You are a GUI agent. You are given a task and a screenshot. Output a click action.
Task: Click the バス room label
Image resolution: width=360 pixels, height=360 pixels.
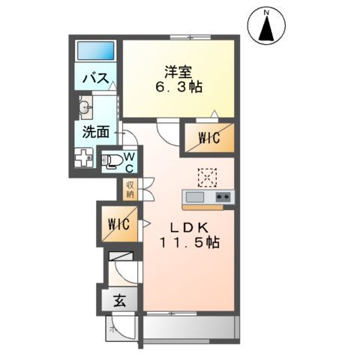pyautogui.click(x=97, y=79)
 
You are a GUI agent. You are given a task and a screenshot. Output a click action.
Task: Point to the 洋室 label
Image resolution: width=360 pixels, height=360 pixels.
pyautogui.click(x=178, y=71)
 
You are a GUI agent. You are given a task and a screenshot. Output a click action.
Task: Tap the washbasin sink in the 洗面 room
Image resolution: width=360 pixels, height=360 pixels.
pyautogui.click(x=84, y=106)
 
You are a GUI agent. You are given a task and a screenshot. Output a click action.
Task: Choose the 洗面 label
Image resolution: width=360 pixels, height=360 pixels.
pyautogui.click(x=95, y=132)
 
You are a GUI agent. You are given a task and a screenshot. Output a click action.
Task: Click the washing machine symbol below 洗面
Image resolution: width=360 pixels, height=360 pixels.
pyautogui.click(x=83, y=159)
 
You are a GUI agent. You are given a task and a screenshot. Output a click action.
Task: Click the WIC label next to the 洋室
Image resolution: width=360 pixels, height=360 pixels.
pyautogui.click(x=208, y=137)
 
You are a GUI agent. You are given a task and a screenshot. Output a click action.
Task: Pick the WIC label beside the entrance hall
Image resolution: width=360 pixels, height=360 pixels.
pyautogui.click(x=118, y=223)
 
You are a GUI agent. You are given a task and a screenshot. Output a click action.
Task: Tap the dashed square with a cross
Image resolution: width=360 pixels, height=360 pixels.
pyautogui.click(x=205, y=175)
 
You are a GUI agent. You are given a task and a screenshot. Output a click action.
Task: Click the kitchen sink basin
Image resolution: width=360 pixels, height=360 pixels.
pyautogui.click(x=194, y=197)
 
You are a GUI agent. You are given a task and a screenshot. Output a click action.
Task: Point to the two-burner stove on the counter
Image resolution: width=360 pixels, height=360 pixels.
pyautogui.click(x=223, y=197)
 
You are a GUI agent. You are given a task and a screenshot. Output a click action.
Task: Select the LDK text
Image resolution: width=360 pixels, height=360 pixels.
pyautogui.click(x=188, y=227)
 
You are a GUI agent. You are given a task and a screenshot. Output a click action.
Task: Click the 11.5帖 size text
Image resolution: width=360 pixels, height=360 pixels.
pyautogui.click(x=188, y=243)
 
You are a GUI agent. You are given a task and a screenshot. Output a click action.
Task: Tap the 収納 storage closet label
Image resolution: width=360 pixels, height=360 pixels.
pyautogui.click(x=130, y=189)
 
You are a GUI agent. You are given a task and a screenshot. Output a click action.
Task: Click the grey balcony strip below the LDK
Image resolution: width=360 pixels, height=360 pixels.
pyautogui.click(x=189, y=328)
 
